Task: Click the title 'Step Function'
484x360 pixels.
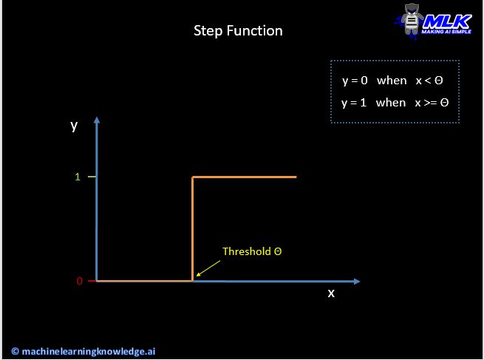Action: pyautogui.click(x=238, y=31)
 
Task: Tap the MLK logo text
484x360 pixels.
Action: pyautogui.click(x=447, y=21)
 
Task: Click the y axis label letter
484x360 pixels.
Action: pyautogui.click(x=74, y=126)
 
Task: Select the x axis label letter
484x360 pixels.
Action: pyautogui.click(x=331, y=293)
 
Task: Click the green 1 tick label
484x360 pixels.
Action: pyautogui.click(x=78, y=177)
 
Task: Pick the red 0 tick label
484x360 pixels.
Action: pyautogui.click(x=79, y=281)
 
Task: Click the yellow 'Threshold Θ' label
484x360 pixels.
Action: pyautogui.click(x=252, y=251)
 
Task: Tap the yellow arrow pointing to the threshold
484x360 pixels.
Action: pyautogui.click(x=208, y=268)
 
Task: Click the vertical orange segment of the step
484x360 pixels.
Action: pyautogui.click(x=192, y=228)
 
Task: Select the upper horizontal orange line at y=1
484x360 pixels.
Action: pyautogui.click(x=244, y=177)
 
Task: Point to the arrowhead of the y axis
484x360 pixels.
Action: pyautogui.click(x=97, y=120)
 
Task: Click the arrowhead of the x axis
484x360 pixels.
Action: pyautogui.click(x=357, y=281)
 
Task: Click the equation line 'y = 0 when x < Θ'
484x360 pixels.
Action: pyautogui.click(x=392, y=81)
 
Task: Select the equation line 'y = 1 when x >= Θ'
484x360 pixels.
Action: pyautogui.click(x=395, y=103)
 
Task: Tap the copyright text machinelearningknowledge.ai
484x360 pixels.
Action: pyautogui.click(x=83, y=351)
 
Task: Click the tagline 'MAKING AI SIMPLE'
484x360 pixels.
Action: pyautogui.click(x=446, y=32)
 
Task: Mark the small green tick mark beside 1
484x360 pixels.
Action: pyautogui.click(x=92, y=177)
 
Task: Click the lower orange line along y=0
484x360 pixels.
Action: pyautogui.click(x=144, y=281)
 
